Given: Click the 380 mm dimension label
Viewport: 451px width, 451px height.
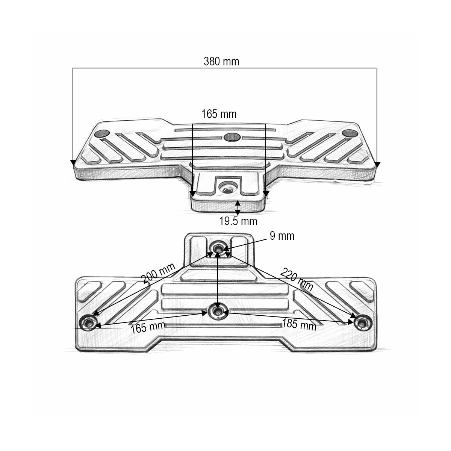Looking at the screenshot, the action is pyautogui.click(x=221, y=62).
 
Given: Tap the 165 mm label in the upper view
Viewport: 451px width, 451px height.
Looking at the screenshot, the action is pyautogui.click(x=219, y=114).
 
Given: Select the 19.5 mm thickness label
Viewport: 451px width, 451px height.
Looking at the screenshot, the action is pyautogui.click(x=238, y=221).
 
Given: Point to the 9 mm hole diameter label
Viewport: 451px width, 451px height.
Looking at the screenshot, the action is pyautogui.click(x=282, y=236).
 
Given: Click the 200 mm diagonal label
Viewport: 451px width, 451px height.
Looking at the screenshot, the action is pyautogui.click(x=159, y=273).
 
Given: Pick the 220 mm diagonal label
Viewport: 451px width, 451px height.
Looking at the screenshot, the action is pyautogui.click(x=297, y=280).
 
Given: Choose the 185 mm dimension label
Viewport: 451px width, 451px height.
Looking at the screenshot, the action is pyautogui.click(x=299, y=324).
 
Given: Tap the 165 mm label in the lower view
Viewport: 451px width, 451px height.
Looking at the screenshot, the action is pyautogui.click(x=148, y=327).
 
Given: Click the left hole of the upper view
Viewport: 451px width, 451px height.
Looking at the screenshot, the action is pyautogui.click(x=102, y=134).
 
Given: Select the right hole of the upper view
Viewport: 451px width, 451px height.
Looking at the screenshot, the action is pyautogui.click(x=350, y=134).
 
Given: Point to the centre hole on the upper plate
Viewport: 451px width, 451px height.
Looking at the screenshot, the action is pyautogui.click(x=232, y=137).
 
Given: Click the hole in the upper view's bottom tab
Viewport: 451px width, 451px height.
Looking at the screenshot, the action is pyautogui.click(x=228, y=187).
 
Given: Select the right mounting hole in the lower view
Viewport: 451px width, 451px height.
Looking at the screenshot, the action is pyautogui.click(x=363, y=323).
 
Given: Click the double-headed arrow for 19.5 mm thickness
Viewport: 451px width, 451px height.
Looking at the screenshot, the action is pyautogui.click(x=238, y=207).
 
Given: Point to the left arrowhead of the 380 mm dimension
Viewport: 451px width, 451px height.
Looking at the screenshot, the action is pyautogui.click(x=73, y=162).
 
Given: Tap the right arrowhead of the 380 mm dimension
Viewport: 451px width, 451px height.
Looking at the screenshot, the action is pyautogui.click(x=377, y=165).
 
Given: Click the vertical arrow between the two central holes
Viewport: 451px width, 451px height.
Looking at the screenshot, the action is pyautogui.click(x=218, y=280).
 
